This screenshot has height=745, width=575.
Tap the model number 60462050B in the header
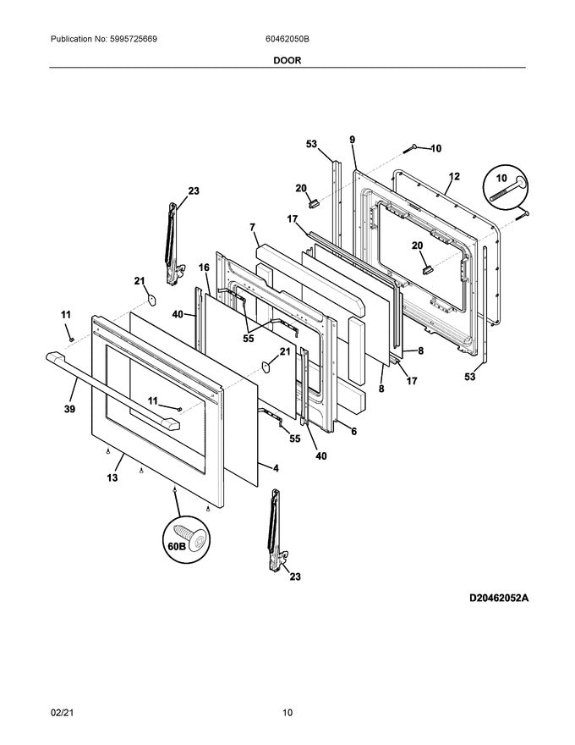287,39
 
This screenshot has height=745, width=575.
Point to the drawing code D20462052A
499,598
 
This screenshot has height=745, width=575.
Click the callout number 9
352,139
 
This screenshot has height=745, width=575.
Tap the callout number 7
252,227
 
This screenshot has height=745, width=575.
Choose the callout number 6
353,431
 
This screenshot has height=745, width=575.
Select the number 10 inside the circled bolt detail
501,179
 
